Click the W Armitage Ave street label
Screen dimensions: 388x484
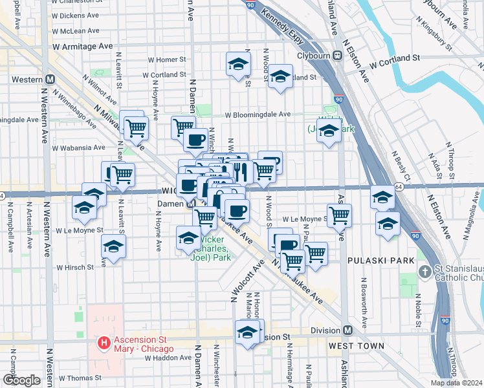(x=83, y=47)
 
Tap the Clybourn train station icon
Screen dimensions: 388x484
(x=337, y=55)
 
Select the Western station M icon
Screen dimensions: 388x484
(x=49, y=79)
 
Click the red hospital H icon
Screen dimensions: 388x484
(x=102, y=341)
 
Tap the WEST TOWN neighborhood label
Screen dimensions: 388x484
(x=355, y=346)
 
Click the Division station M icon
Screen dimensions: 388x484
(x=347, y=330)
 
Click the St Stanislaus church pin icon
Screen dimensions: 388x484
(x=424, y=271)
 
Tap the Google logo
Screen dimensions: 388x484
(x=21, y=380)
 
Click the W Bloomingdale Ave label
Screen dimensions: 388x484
(x=258, y=114)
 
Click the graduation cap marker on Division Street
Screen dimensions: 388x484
(x=247, y=332)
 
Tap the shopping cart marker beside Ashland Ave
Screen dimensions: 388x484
(x=339, y=215)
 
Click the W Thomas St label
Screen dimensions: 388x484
(x=81, y=378)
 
